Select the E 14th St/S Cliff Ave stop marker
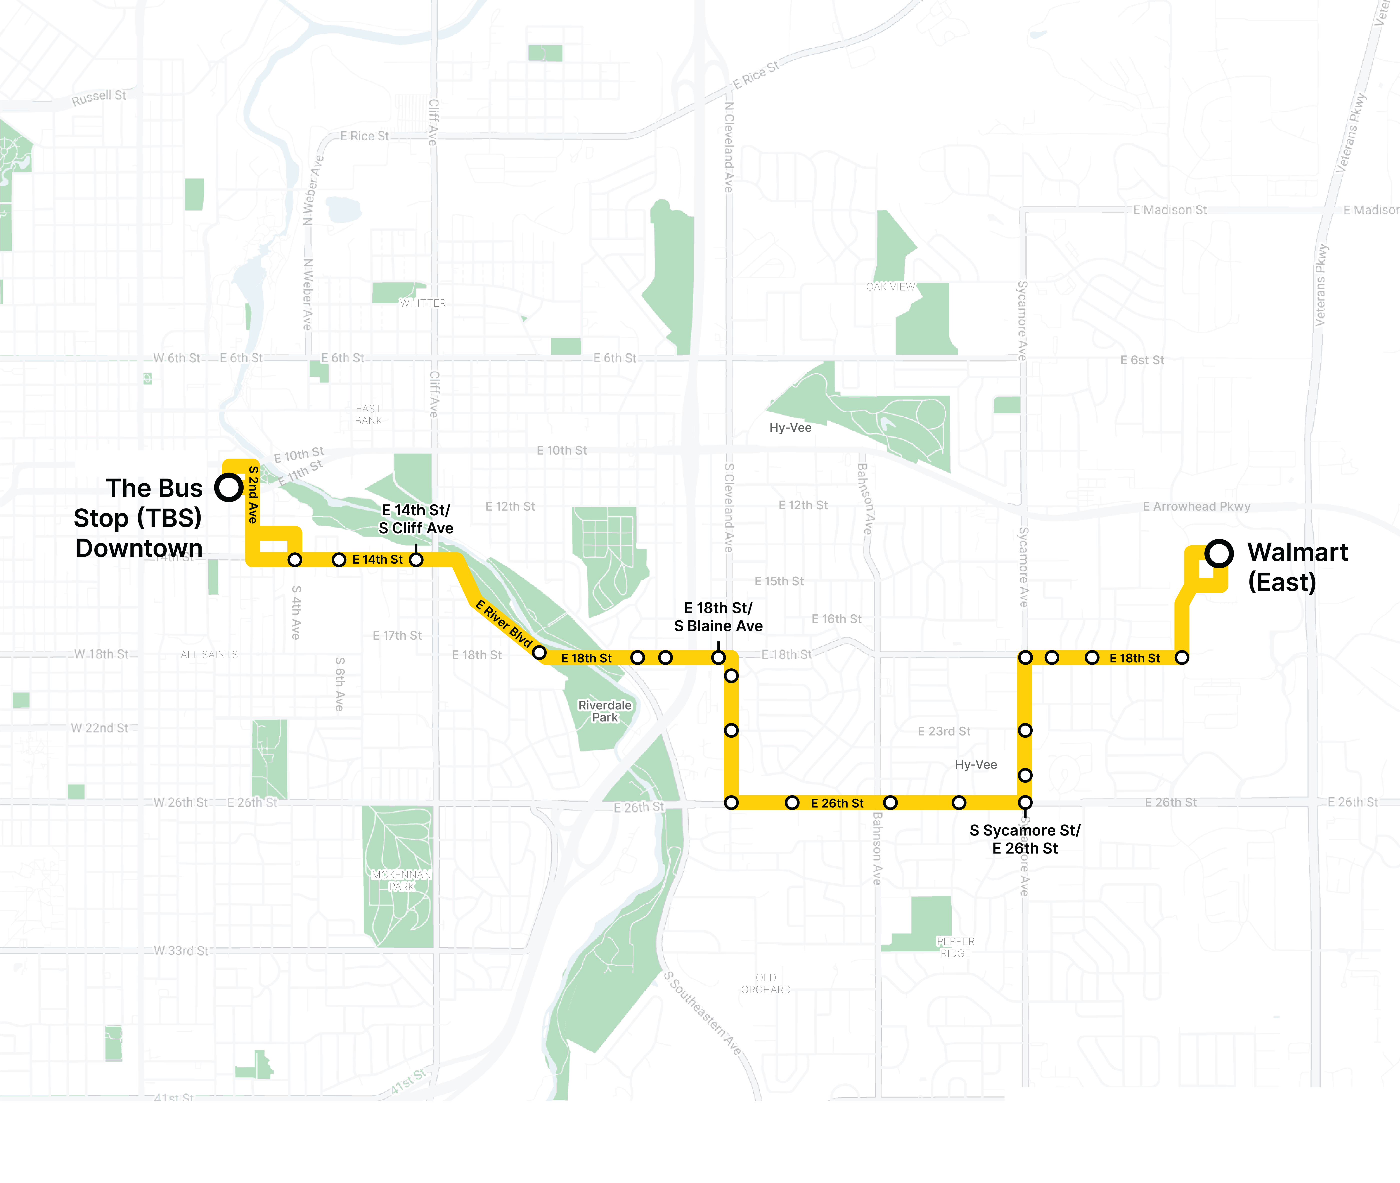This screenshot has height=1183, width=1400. tap(416, 559)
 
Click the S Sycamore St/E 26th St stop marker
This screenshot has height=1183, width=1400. tap(1025, 802)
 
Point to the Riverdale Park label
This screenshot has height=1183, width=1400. tap(605, 711)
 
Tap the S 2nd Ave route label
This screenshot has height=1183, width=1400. tap(253, 494)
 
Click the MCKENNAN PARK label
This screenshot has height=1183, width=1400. tap(402, 881)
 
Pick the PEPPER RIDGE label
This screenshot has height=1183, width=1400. tap(955, 947)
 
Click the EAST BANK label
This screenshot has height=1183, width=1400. tap(368, 415)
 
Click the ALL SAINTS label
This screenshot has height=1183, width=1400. tap(209, 654)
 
